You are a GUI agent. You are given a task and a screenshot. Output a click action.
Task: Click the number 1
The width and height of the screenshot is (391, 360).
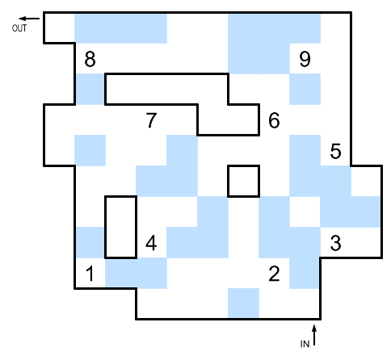click(90, 274)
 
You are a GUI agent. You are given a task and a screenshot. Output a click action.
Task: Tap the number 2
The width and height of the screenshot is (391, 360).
click(274, 274)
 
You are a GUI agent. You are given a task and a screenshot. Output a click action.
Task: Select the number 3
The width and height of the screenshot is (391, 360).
click(335, 243)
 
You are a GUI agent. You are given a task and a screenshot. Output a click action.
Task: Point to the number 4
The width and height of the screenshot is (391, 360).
click(151, 243)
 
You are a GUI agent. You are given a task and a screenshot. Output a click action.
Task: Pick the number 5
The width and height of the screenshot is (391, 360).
click(335, 151)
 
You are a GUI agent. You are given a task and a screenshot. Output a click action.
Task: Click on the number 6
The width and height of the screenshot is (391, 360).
click(274, 120)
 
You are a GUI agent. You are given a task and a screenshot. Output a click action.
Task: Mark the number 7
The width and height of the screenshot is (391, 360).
click(151, 120)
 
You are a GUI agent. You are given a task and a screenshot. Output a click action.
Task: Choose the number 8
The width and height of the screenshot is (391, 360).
click(90, 59)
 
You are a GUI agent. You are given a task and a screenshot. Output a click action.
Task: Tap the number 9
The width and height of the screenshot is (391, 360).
click(305, 59)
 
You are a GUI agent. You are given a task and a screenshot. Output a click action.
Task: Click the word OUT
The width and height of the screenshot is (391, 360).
click(19, 28)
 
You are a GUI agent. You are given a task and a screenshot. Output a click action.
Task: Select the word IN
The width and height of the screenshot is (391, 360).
click(305, 344)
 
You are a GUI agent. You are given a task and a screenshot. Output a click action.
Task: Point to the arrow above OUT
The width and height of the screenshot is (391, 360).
click(29, 19)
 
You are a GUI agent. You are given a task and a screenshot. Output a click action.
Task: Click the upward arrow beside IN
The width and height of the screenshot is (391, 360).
click(314, 335)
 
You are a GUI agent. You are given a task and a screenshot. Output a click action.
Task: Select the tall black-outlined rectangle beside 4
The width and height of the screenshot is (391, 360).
click(106, 228)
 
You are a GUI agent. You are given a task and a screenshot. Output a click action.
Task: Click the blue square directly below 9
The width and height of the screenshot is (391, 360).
click(305, 90)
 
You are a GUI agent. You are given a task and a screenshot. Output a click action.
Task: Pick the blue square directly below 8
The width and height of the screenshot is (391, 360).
click(90, 90)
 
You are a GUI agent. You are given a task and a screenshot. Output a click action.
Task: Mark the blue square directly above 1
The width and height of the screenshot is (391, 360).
click(90, 243)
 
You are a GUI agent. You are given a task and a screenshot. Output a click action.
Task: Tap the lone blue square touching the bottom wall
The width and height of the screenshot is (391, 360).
click(243, 303)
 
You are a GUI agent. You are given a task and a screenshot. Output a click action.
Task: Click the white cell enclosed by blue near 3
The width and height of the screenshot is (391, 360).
click(305, 212)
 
